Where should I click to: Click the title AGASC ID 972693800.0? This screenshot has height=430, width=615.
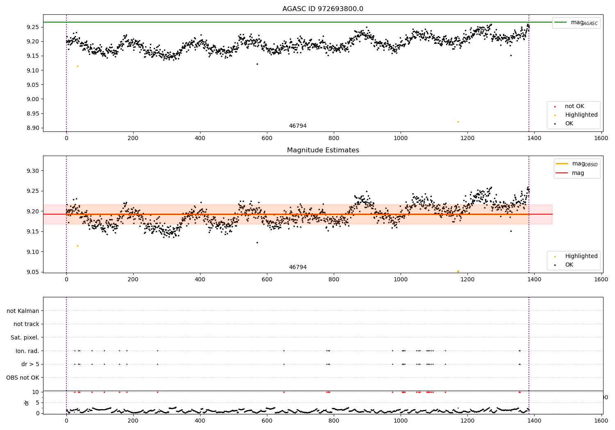[x=323, y=9]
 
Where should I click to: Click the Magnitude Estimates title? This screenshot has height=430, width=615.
[x=323, y=150]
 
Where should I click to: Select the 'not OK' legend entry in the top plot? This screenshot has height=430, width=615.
[x=574, y=106]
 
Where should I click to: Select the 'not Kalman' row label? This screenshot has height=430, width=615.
[x=23, y=311]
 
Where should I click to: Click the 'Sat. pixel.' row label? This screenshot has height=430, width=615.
[x=25, y=337]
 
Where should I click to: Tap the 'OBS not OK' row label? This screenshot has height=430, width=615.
[x=23, y=378]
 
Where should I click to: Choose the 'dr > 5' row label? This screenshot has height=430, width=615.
[x=30, y=364]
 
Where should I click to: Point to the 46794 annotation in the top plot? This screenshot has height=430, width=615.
[x=298, y=126]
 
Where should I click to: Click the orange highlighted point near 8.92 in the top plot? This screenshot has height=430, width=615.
[x=458, y=122]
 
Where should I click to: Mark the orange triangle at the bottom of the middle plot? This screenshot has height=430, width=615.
[x=458, y=272]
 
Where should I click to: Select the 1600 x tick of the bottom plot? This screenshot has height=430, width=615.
[x=601, y=421]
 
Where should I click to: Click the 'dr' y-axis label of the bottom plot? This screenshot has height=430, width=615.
[x=27, y=403]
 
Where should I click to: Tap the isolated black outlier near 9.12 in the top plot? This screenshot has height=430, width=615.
[x=257, y=64]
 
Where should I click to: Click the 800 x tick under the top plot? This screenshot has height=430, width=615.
[x=334, y=138]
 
